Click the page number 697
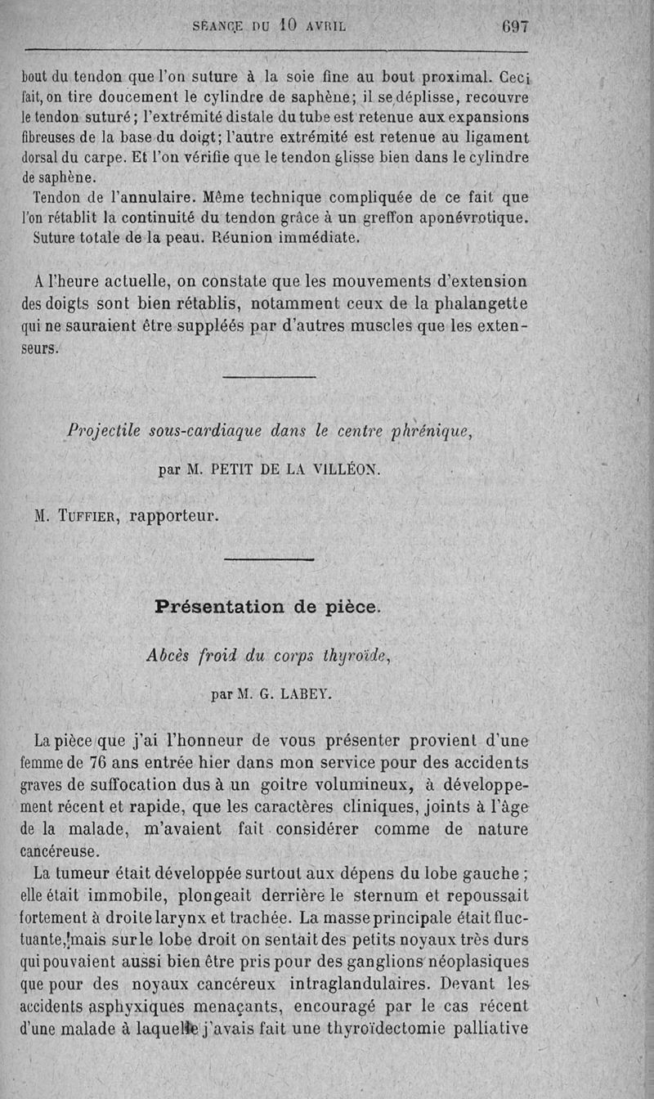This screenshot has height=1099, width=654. [516, 25]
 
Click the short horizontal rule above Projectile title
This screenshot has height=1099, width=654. [269, 377]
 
